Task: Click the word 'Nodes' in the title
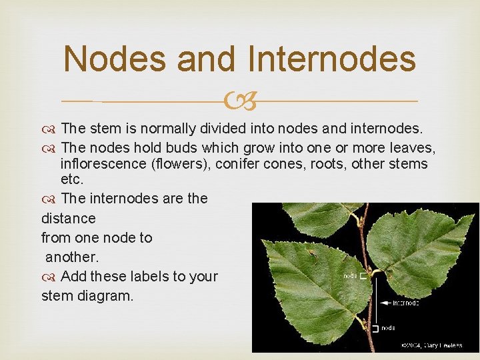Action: point(113,59)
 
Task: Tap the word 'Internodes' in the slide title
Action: point(331,59)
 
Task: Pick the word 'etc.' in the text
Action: point(73,180)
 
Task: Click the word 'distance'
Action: point(68,218)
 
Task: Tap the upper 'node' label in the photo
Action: point(349,275)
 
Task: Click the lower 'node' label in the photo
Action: point(387,327)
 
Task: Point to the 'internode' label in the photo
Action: point(405,303)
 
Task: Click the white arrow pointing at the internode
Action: point(385,303)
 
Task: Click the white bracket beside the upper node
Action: point(363,275)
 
